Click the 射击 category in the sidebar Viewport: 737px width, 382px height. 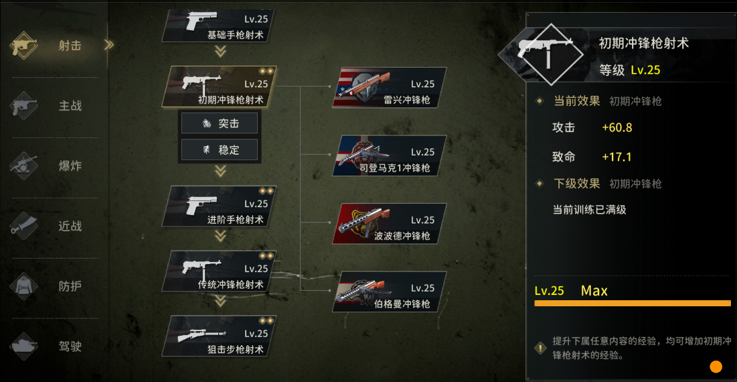pos(56,46)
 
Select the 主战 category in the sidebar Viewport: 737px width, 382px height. pos(56,106)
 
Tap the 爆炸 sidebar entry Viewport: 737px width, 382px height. pos(56,166)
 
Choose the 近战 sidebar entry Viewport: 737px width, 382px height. pos(56,227)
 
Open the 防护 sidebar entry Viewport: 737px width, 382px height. pos(56,287)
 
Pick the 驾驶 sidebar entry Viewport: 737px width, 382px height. pos(56,346)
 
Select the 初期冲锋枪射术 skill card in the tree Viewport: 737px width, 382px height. pos(219,86)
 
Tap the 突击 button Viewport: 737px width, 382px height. pos(220,123)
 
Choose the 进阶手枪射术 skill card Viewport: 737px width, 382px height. pos(219,206)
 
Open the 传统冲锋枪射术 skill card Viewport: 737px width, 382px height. pos(219,271)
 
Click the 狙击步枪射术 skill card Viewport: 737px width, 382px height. pos(219,336)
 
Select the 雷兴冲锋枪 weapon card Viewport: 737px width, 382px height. pos(390,88)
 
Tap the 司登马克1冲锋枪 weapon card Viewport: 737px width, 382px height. pos(390,155)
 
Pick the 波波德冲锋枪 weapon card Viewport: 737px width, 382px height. pos(390,223)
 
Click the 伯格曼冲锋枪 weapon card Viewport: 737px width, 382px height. pos(390,292)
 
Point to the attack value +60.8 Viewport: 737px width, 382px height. pos(617,127)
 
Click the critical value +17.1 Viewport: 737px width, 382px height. pos(617,157)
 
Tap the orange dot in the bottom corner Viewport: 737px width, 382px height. pos(716,367)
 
